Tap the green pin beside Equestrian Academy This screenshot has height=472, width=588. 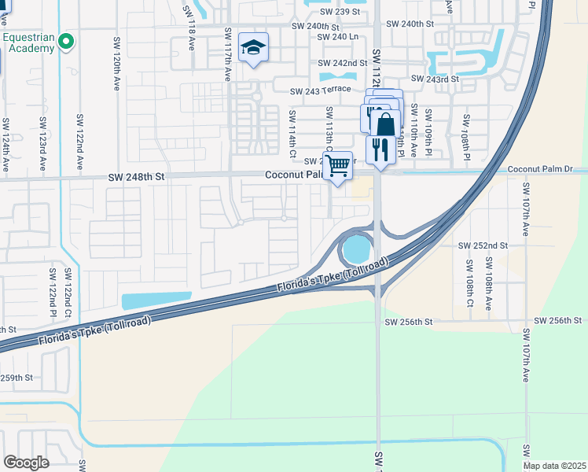66,41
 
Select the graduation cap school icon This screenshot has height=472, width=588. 253,48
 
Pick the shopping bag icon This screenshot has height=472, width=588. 386,124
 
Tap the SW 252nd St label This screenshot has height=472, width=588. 484,245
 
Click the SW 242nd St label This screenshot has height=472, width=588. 343,63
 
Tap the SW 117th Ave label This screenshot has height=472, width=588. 228,52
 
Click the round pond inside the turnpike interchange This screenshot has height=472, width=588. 356,250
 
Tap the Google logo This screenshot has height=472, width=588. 27,463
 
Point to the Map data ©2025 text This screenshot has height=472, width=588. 553,466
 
